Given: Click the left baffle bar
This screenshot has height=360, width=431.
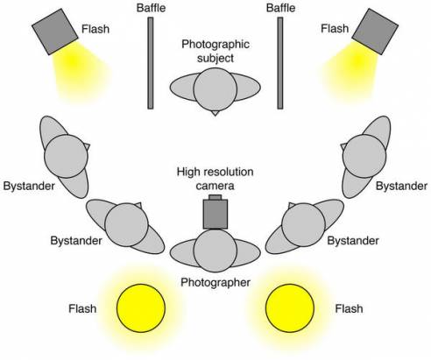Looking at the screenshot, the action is coord(151,63).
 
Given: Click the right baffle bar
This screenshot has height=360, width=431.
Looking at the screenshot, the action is coord(280,63).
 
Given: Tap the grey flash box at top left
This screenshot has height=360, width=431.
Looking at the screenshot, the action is coord(55,32).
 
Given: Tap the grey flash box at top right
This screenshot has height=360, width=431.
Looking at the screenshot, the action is coord(375,32).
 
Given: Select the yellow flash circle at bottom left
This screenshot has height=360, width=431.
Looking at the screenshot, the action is coord(141,308).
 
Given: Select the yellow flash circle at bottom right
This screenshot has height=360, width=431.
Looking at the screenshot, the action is coord(290,308).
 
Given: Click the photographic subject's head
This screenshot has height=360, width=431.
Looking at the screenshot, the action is coord(215,89).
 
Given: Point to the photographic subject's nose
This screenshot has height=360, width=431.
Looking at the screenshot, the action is coord(215,113).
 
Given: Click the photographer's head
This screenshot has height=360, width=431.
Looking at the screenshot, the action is coord(215,251).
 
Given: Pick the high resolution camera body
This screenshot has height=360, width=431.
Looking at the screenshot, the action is coord(215,214).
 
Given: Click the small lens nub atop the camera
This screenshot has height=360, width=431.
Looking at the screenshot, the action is coord(215,197).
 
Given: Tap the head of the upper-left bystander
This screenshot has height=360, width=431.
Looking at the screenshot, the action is coord(66,156).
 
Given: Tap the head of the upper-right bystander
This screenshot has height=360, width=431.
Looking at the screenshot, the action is coord(364,156).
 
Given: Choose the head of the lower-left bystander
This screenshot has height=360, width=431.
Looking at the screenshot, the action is coord(126,225).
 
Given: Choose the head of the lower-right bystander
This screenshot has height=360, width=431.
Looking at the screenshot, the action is coord(303,225).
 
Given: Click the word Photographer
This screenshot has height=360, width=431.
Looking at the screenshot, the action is coord(215,283).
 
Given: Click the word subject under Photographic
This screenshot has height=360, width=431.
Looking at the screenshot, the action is coord(215,58).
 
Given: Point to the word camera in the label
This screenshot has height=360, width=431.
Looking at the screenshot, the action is coord(215,186).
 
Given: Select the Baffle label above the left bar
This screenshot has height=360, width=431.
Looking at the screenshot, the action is coord(151,8).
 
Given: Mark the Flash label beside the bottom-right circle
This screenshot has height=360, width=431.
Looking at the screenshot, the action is coord(349,308).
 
